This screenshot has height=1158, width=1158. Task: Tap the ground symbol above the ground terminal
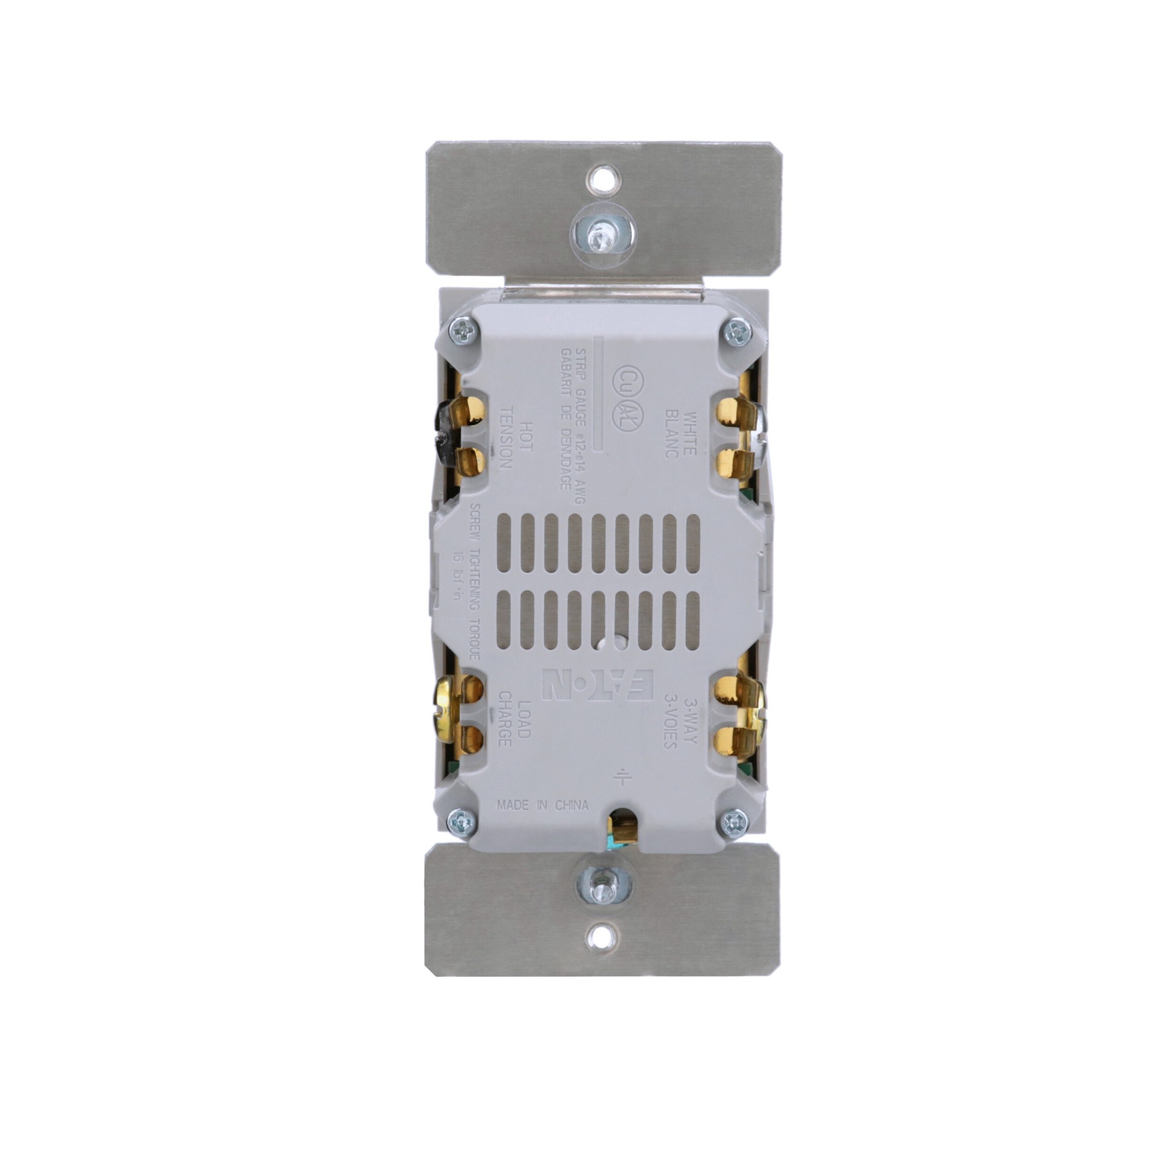[621, 779]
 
